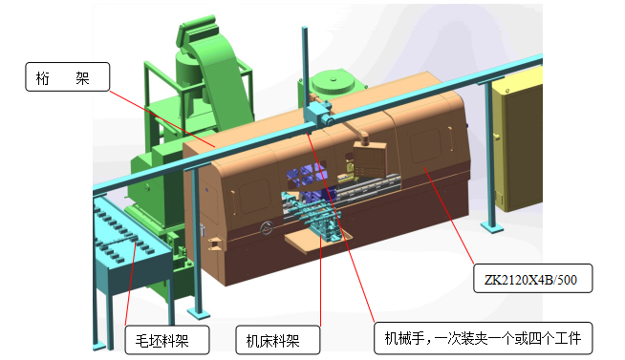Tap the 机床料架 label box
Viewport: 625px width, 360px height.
coord(277,339)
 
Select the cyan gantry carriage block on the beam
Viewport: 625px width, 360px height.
coord(318,114)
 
